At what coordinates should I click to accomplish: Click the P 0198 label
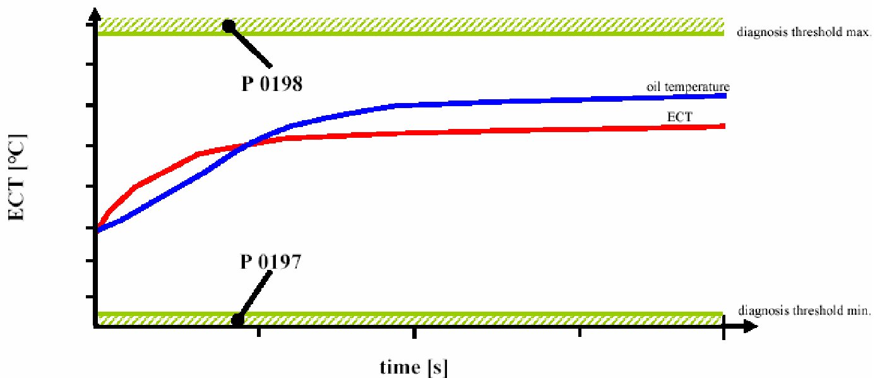coord(271,83)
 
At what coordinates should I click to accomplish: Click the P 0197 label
coord(271,261)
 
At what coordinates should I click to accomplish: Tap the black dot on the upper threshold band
coord(229,26)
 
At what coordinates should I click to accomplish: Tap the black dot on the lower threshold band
coord(237,320)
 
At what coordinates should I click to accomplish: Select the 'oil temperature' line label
coord(688,86)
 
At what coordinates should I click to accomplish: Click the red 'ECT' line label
coord(677,116)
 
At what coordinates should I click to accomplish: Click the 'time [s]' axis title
coord(414,367)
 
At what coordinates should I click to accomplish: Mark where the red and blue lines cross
coord(247,145)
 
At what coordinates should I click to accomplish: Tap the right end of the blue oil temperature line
coord(725,95)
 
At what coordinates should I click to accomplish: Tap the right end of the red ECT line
coord(723,126)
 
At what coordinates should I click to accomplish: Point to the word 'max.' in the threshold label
coord(860,32)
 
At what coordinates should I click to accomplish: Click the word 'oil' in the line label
coord(652,86)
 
